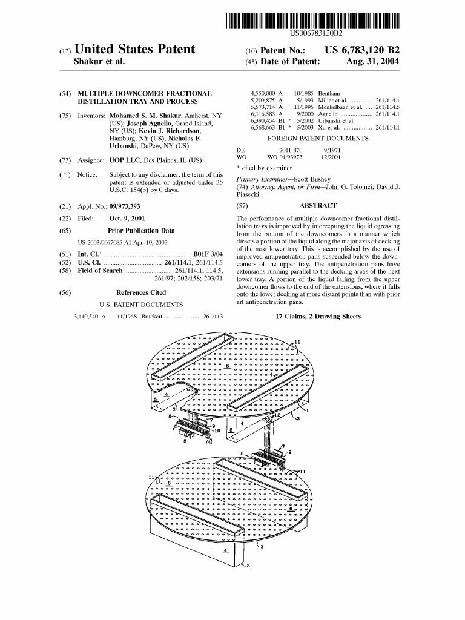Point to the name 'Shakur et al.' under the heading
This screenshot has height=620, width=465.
click(99, 62)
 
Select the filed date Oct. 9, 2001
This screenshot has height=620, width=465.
click(127, 218)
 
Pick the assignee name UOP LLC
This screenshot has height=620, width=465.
click(125, 160)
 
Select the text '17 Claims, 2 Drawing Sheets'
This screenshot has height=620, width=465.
click(317, 317)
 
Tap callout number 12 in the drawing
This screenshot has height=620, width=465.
click(278, 415)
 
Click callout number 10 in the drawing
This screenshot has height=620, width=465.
click(218, 430)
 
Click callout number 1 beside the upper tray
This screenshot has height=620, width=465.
click(307, 411)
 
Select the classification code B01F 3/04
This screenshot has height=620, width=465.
click(208, 253)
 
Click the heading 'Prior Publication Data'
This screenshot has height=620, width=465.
click(141, 231)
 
